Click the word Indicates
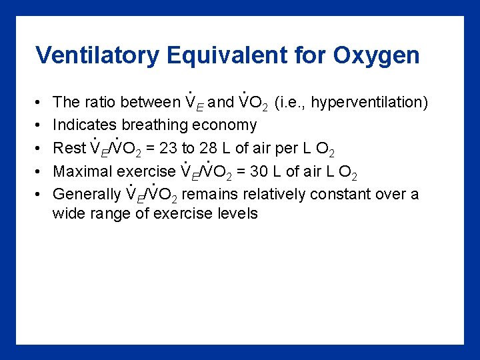[x=83, y=125]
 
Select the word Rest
[x=69, y=148]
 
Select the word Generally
[x=87, y=194]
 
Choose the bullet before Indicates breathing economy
[x=38, y=125]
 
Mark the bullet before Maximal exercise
[x=38, y=171]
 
